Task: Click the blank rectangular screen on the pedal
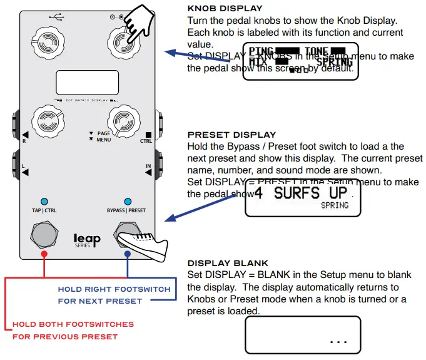[x=87, y=83]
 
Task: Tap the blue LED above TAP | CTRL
[x=44, y=201]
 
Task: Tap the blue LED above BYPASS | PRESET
[x=128, y=201]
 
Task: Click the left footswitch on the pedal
[x=44, y=236]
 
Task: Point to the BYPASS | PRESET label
[x=128, y=211]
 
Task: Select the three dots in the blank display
[x=337, y=341]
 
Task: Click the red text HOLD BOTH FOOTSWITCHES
[x=73, y=324]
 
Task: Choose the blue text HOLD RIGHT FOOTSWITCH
[x=114, y=289]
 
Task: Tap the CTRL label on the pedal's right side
[x=146, y=141]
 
